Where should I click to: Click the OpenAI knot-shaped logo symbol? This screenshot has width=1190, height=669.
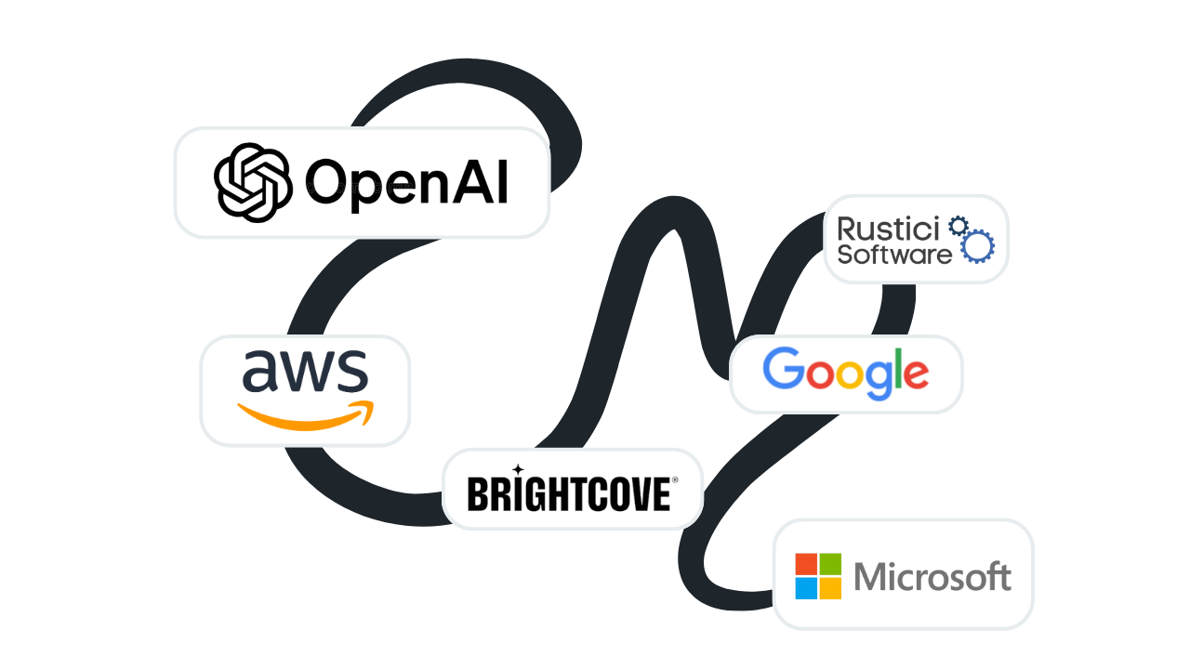(x=253, y=182)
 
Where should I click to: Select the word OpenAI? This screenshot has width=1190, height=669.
(x=407, y=182)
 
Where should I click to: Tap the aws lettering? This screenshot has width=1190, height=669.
(x=305, y=372)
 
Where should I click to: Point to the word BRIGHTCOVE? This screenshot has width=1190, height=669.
(x=568, y=493)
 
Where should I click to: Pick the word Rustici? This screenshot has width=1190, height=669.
(x=889, y=228)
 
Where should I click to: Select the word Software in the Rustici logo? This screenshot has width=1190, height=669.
(x=894, y=253)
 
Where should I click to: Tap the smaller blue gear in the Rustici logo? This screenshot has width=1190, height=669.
(x=958, y=225)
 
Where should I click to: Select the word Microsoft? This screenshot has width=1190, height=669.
(x=932, y=577)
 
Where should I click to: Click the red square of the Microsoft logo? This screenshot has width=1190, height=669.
(x=806, y=564)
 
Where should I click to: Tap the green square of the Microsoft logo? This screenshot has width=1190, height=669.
(x=830, y=564)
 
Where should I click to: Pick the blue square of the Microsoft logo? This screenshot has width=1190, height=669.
(x=806, y=588)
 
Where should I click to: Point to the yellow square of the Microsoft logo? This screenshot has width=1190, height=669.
(x=830, y=588)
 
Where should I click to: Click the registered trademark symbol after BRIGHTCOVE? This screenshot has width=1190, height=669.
(x=675, y=480)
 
